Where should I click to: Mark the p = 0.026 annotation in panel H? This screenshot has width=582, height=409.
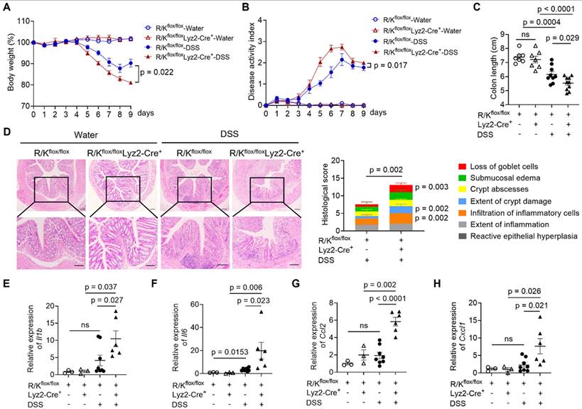(529, 292)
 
